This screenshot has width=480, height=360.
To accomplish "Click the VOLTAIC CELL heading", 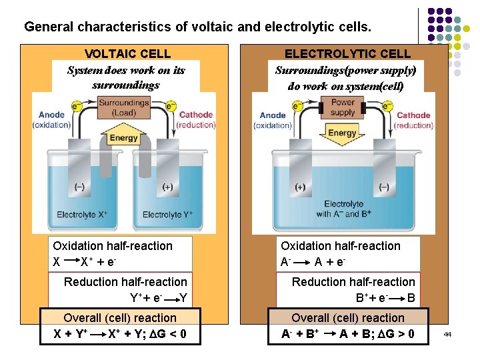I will (127, 54).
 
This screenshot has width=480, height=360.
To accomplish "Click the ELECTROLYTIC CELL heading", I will (347, 54).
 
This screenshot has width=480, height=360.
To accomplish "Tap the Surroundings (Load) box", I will (124, 107).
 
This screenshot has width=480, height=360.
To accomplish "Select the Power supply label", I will (343, 107).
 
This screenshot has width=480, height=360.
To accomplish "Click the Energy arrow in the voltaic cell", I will (124, 138).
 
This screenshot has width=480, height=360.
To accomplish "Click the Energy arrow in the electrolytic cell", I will (343, 133).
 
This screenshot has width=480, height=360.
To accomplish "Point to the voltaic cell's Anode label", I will (51, 119).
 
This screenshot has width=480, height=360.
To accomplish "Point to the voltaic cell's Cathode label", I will (195, 119).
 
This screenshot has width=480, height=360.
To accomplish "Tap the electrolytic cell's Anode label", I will (273, 120).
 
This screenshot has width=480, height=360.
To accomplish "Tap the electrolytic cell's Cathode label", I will (413, 120).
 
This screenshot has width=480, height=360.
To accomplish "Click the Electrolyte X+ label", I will (82, 215).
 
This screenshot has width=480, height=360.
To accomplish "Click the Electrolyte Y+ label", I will (167, 215).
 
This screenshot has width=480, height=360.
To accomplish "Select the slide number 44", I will (447, 333).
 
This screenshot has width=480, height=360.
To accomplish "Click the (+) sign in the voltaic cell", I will (167, 187).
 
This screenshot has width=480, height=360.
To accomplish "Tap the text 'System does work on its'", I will (126, 70).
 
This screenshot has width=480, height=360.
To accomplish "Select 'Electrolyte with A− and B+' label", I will (343, 209).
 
